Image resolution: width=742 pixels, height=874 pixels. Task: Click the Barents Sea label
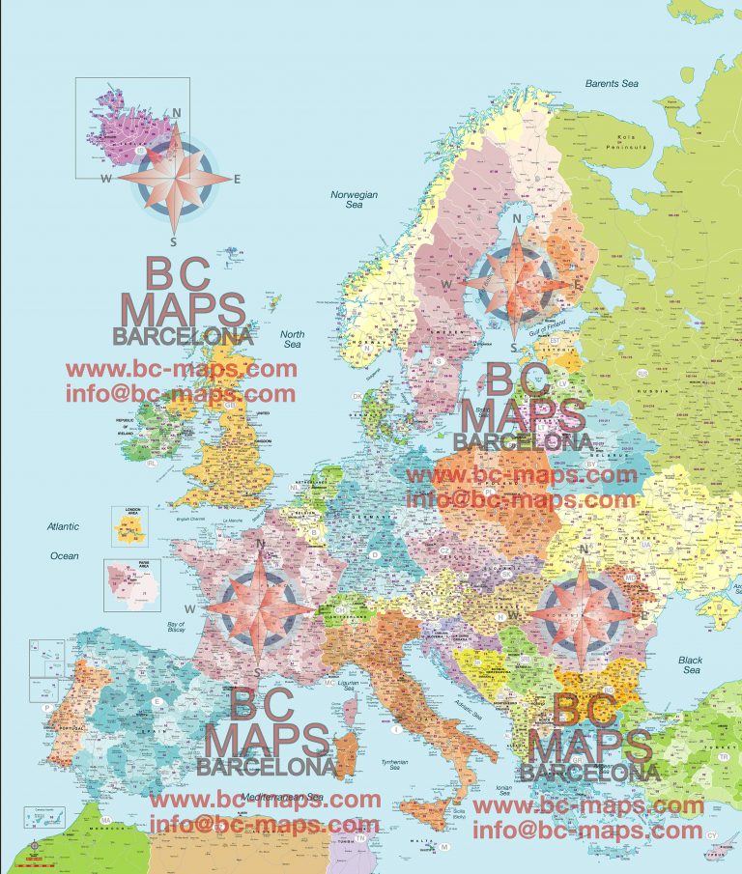coord(612,84)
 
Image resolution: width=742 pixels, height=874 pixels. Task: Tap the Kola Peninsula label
coord(630,141)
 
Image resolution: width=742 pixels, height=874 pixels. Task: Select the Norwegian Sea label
coord(354,200)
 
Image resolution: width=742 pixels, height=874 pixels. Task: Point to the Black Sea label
coord(690,665)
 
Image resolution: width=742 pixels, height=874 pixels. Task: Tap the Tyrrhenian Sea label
coord(394,766)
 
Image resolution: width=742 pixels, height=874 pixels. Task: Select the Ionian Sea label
coord(501,792)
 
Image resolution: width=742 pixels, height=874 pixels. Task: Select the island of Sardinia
coord(346,748)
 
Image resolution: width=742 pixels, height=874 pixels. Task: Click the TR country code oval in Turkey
coord(724,756)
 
